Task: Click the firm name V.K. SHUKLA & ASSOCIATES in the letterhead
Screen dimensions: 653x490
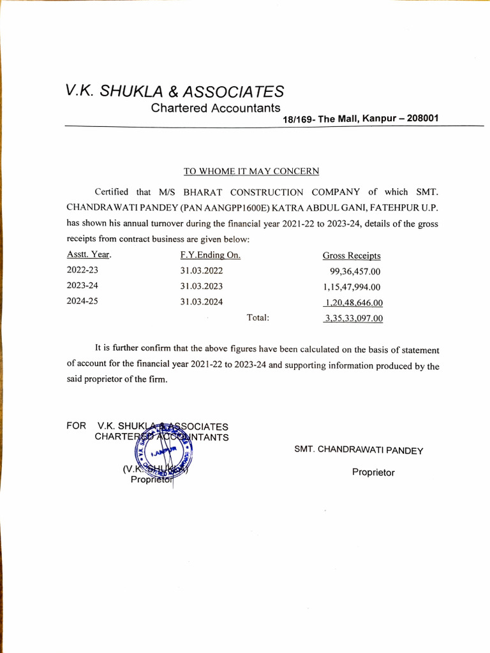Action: (175, 91)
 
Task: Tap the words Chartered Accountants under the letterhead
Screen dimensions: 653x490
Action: (215, 108)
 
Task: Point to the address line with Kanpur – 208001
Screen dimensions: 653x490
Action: (360, 119)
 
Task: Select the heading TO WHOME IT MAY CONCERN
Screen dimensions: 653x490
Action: (251, 171)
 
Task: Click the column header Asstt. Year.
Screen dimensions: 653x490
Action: (89, 255)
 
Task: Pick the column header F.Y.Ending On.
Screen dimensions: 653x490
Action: (210, 255)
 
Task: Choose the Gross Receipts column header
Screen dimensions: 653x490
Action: (352, 256)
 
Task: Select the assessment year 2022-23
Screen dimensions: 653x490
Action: (82, 270)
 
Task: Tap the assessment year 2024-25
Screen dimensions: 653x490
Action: (82, 302)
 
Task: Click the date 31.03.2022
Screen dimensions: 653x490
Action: (202, 271)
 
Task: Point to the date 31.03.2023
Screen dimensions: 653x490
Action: (202, 286)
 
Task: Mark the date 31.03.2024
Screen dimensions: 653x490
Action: (202, 302)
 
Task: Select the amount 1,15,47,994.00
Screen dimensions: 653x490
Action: (352, 287)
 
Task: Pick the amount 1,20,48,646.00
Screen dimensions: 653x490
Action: (353, 303)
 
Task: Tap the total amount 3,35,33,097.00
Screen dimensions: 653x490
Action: (353, 318)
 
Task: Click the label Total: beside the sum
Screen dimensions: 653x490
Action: (258, 317)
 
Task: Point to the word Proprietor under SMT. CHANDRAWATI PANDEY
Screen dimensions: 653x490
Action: (373, 473)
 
